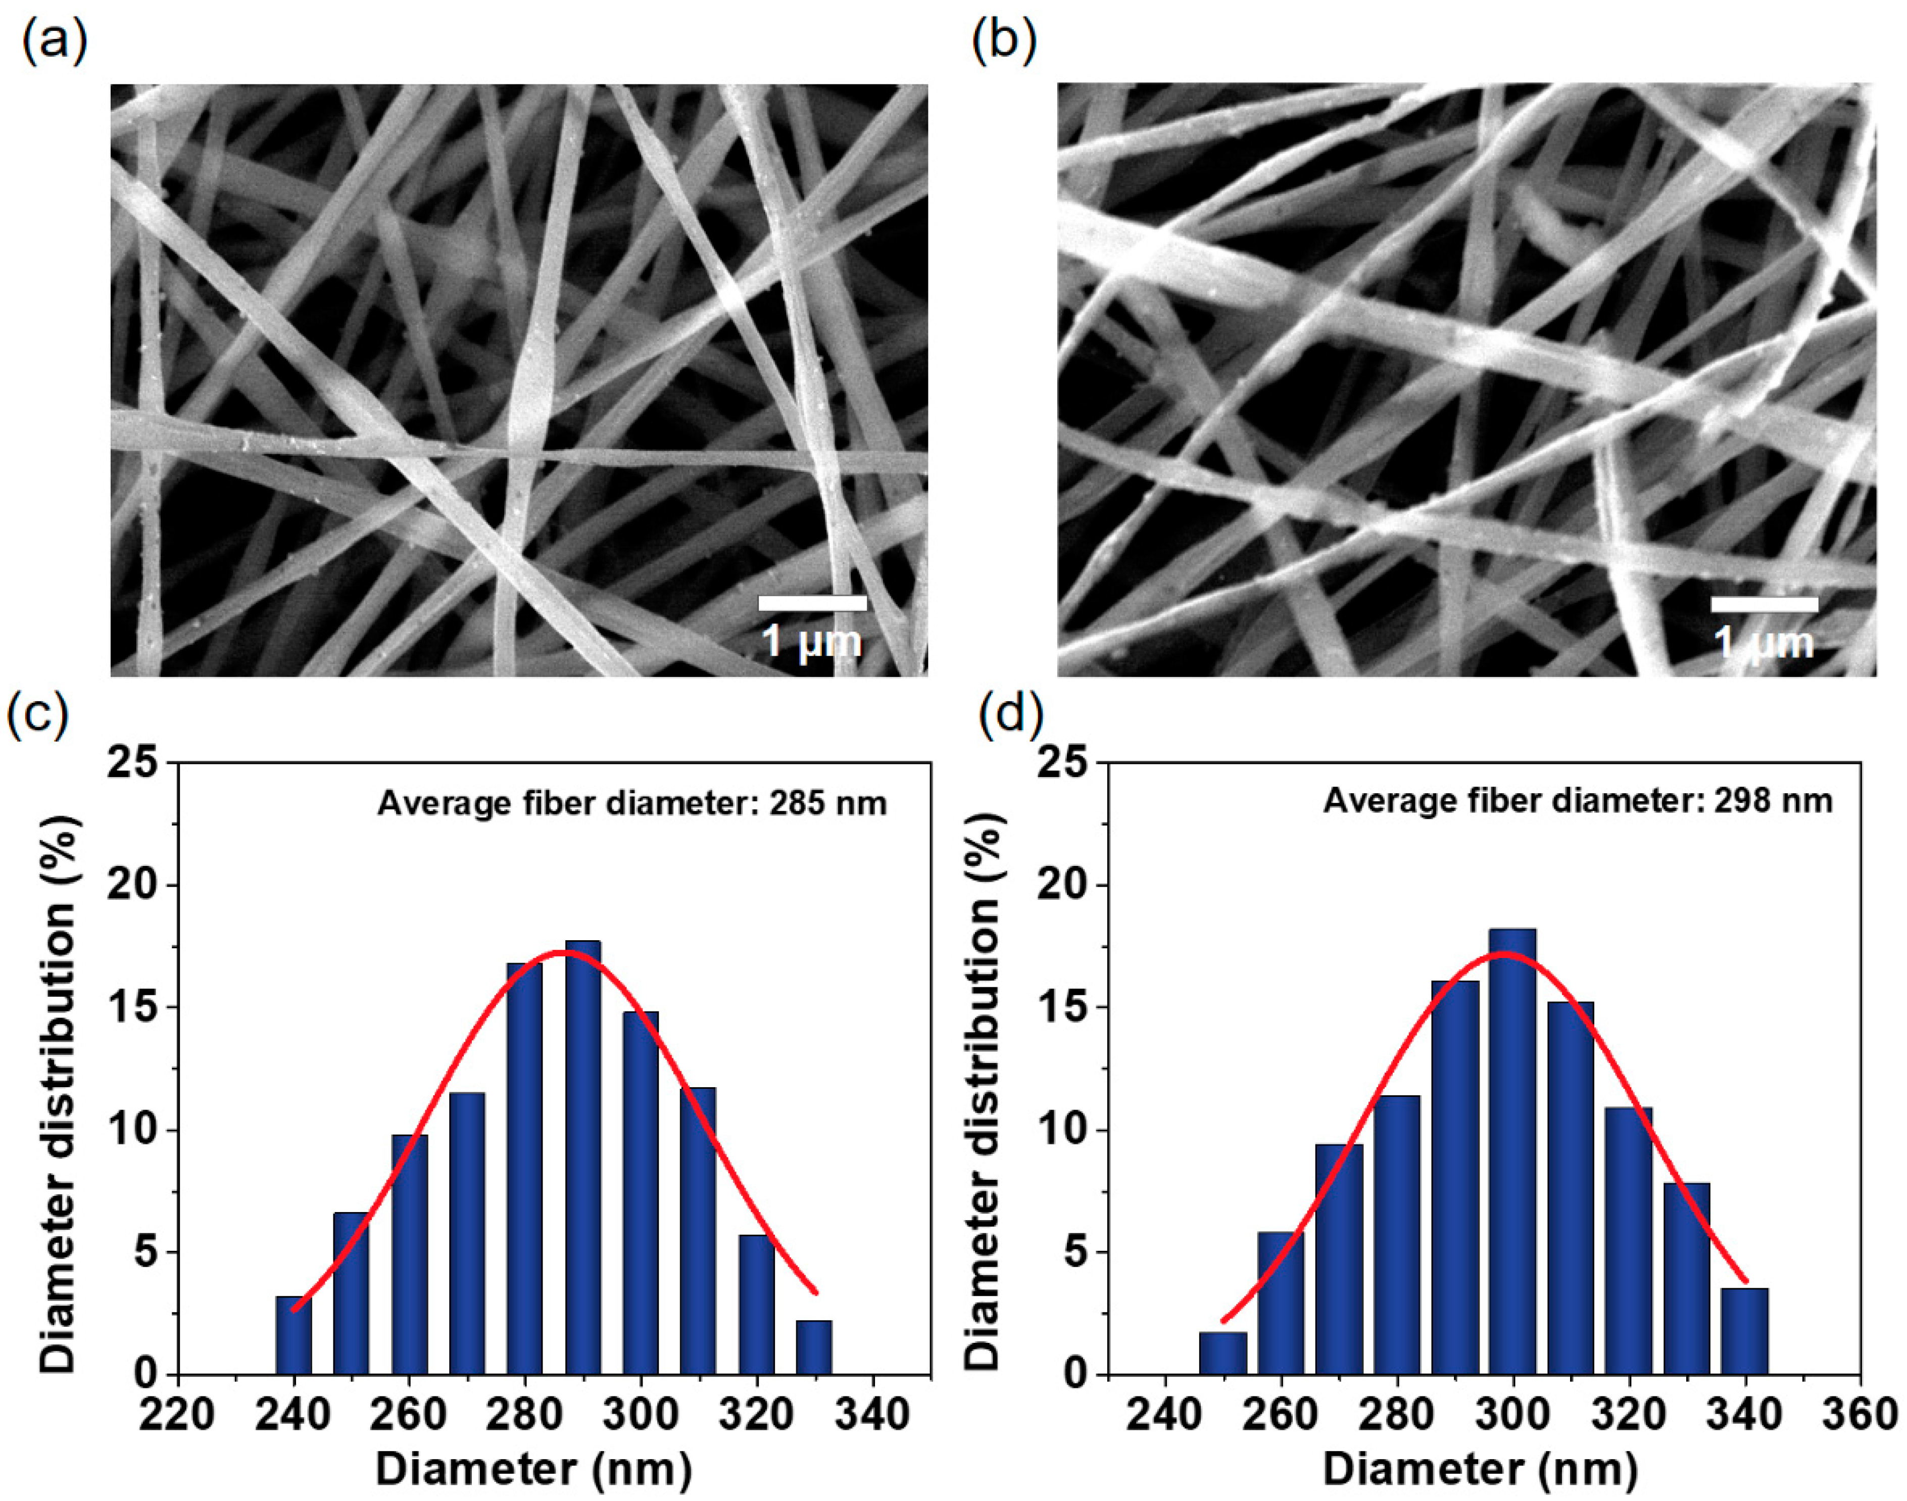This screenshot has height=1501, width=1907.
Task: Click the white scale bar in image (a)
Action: [812, 603]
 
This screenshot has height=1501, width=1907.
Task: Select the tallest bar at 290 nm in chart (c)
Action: [582, 1156]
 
